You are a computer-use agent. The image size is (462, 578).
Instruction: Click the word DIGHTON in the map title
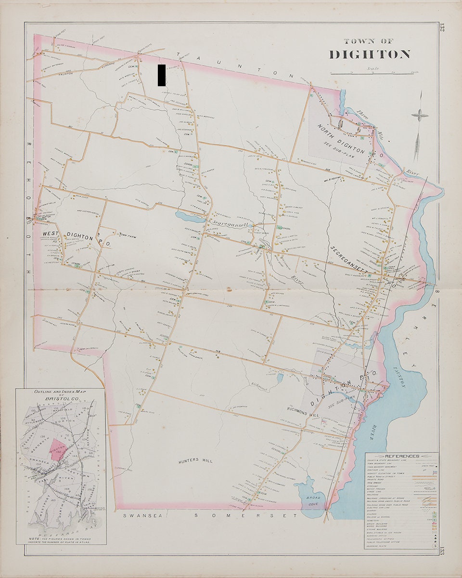[370, 54]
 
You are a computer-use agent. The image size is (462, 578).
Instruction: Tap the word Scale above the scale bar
[372, 68]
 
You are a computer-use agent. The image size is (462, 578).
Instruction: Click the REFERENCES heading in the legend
[402, 456]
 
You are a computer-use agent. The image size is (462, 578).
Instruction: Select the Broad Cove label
[307, 499]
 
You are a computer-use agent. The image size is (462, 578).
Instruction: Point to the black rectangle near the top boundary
[161, 75]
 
